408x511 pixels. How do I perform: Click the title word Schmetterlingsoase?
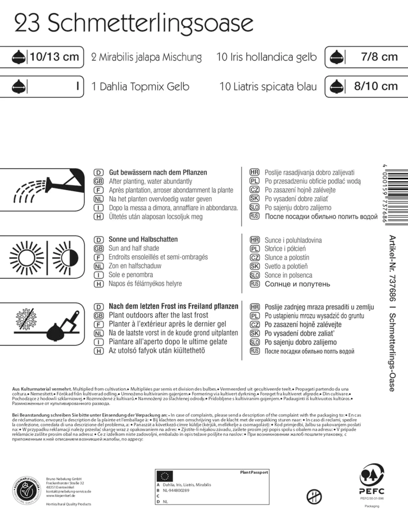point(150,23)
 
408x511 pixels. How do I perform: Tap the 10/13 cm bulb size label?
point(54,57)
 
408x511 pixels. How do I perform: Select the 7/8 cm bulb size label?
point(379,57)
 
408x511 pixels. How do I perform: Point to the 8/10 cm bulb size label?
point(376,86)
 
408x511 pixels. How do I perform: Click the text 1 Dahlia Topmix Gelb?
point(140,87)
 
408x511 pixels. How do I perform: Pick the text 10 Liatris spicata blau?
point(268,87)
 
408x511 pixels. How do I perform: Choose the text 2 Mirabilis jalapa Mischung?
point(146,57)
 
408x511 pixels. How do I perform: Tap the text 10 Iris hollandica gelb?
point(266,57)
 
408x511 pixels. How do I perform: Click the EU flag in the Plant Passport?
point(165,476)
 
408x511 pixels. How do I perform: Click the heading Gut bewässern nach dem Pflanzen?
point(158,172)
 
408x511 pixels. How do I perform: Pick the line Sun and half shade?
point(134,248)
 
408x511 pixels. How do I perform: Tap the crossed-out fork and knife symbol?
point(314,497)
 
